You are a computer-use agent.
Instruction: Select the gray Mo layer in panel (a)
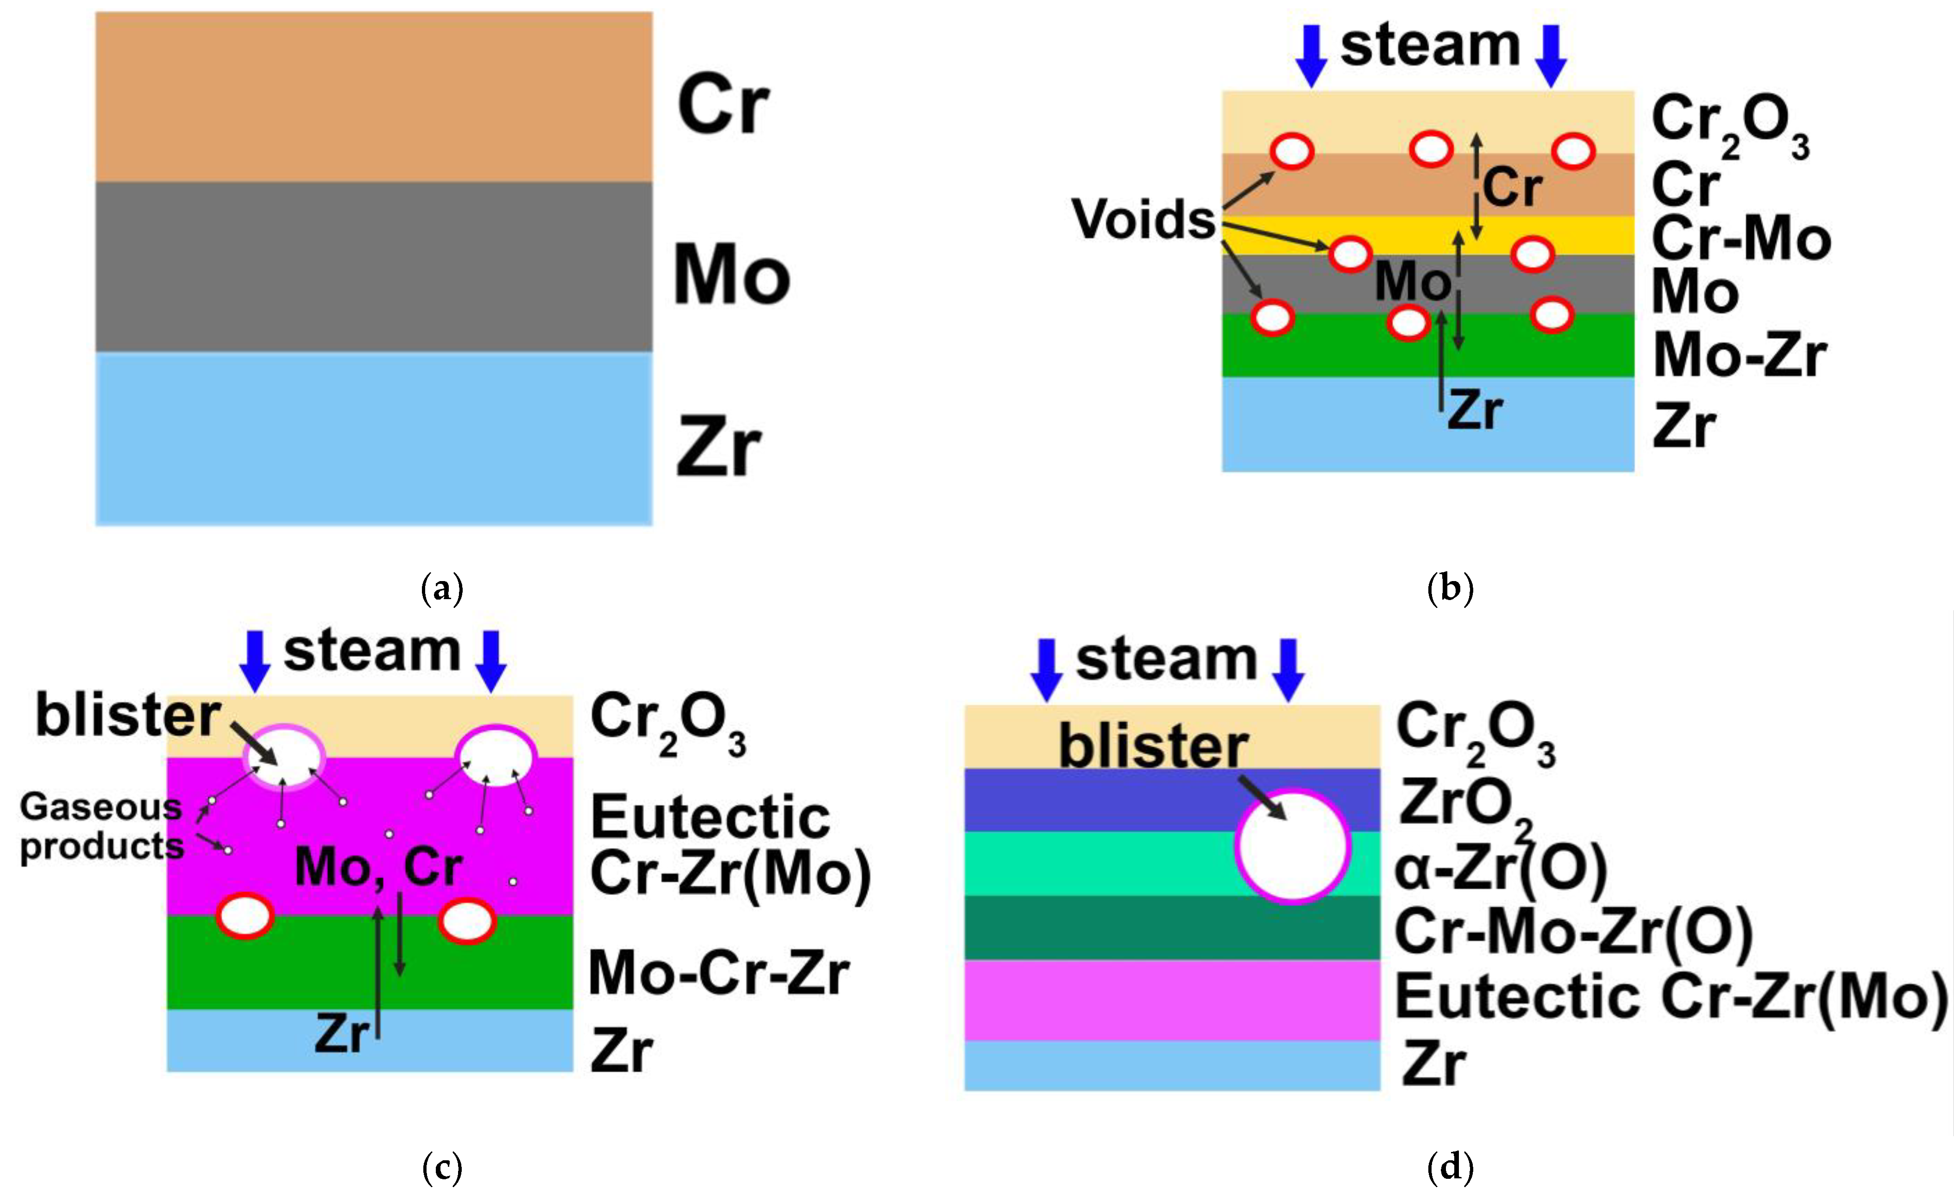pos(373,266)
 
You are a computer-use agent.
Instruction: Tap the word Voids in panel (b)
pos(1143,219)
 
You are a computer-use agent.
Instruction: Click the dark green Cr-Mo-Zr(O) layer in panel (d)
pos(1110,928)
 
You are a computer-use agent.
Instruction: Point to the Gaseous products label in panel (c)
pos(101,827)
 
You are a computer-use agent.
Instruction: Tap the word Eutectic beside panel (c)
pos(710,817)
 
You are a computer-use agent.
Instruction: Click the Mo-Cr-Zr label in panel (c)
pos(718,973)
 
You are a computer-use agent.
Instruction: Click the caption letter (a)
pos(442,590)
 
